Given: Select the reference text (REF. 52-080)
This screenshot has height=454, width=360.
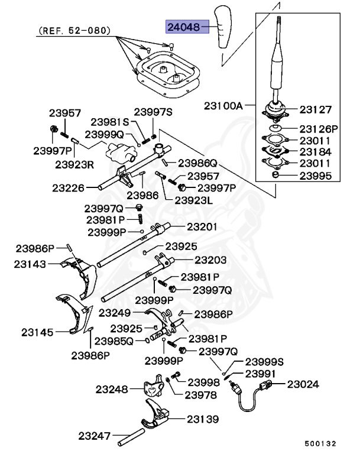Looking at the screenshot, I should (74, 29).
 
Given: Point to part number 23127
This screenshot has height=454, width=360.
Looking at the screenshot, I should (315, 109).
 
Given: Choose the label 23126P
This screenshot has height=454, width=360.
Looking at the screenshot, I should (318, 128).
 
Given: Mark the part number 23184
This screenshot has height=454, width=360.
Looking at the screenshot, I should (315, 152).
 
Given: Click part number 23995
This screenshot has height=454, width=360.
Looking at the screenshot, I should (315, 176).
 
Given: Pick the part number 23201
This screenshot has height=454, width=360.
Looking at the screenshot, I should (202, 226).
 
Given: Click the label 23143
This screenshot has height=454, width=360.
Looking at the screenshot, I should (31, 265).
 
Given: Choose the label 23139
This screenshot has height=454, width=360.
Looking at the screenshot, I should (203, 419).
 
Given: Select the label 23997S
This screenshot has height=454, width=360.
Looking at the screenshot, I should (153, 111).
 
